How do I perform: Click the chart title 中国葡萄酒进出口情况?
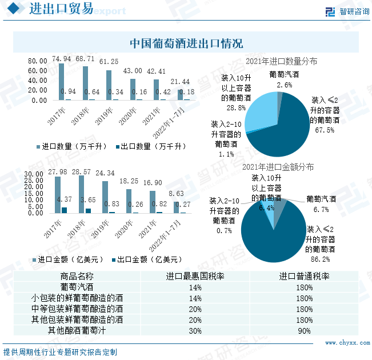(x=186, y=43)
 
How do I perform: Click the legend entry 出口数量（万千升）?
(x=151, y=146)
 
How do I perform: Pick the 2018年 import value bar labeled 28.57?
(x=82, y=194)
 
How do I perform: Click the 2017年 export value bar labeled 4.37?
(x=64, y=210)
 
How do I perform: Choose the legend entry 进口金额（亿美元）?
(x=70, y=259)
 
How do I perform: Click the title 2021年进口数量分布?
(x=281, y=61)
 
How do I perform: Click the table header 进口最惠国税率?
(x=195, y=276)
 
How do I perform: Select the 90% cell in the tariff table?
(x=304, y=330)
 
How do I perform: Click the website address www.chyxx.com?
(x=348, y=343)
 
